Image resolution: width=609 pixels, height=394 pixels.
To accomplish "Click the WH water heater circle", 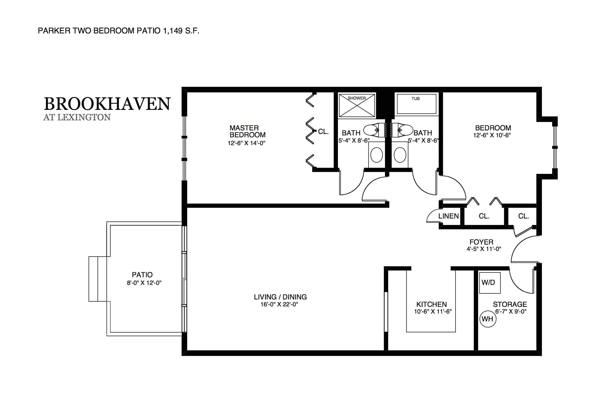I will point(487,319).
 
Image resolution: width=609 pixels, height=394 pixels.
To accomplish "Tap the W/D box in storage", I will point(490,283).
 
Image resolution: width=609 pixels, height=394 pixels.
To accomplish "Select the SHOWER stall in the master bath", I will point(357,106).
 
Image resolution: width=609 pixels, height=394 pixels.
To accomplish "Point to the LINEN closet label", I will point(448,216).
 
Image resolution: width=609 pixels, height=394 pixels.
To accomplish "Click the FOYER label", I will point(481,242).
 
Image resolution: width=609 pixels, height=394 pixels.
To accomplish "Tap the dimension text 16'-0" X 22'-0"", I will point(279,304).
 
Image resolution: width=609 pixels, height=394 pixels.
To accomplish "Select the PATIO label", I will point(142,275).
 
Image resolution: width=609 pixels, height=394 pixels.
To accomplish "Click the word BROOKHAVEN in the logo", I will point(107,104).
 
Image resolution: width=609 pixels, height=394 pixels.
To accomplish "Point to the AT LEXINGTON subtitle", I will point(77,117).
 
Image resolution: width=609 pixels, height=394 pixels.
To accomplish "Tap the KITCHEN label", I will point(431,304).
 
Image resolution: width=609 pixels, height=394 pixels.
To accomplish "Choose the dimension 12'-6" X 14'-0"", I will point(246,143).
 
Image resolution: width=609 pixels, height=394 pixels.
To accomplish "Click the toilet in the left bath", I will point(374,130).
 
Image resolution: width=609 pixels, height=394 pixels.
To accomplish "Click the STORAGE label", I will point(510,304).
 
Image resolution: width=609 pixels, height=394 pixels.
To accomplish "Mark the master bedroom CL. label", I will point(323,132).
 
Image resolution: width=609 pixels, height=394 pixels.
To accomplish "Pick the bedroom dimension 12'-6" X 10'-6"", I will point(491,135).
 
